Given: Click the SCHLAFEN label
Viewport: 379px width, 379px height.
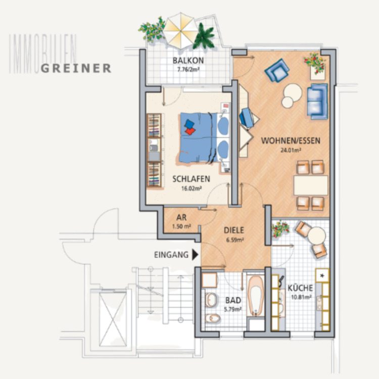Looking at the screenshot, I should coord(191,179).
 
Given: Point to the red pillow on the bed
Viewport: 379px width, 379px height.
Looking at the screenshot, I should coord(190,131).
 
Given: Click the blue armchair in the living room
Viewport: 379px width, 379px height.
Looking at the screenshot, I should coord(277,70).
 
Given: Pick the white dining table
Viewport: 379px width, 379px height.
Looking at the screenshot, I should coord(310,185).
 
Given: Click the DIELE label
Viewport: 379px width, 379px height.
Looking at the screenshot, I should coord(234,230).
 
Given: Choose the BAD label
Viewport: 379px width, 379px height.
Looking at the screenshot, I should coord(232,299).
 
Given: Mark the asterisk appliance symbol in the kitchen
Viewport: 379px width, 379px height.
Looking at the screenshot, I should coord(321,276).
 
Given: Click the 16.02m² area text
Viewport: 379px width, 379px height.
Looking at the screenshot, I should coord(191,188).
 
